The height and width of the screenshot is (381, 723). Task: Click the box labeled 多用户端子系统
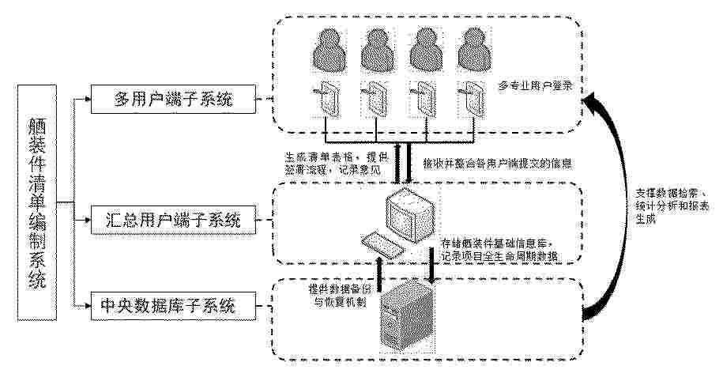[x=175, y=100]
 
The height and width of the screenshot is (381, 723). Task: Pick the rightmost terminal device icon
[x=474, y=100]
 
